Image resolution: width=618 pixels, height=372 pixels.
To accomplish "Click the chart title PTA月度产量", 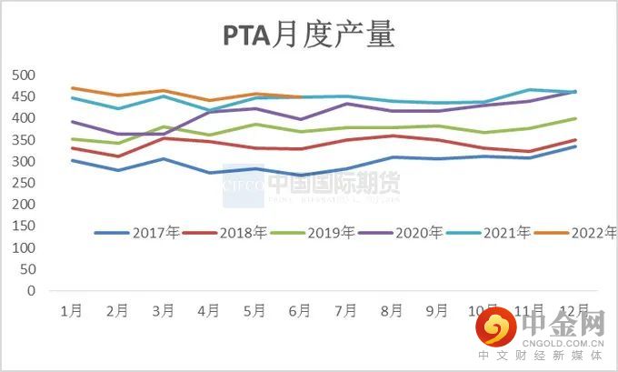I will tap(309, 35).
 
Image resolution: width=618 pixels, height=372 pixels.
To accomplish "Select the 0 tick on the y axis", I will tap(30, 291).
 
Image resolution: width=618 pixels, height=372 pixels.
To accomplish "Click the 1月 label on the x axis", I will tap(72, 311).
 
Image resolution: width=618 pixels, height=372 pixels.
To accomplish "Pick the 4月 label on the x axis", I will tap(208, 311).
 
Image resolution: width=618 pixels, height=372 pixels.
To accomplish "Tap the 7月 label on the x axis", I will tap(345, 311).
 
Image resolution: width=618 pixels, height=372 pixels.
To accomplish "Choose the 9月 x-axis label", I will tap(437, 311).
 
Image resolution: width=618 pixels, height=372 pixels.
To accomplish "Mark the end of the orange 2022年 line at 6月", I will tap(300, 96).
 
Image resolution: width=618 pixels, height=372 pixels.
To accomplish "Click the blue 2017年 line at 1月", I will tap(72, 160).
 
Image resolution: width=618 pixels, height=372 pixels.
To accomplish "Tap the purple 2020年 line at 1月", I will tap(72, 122).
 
